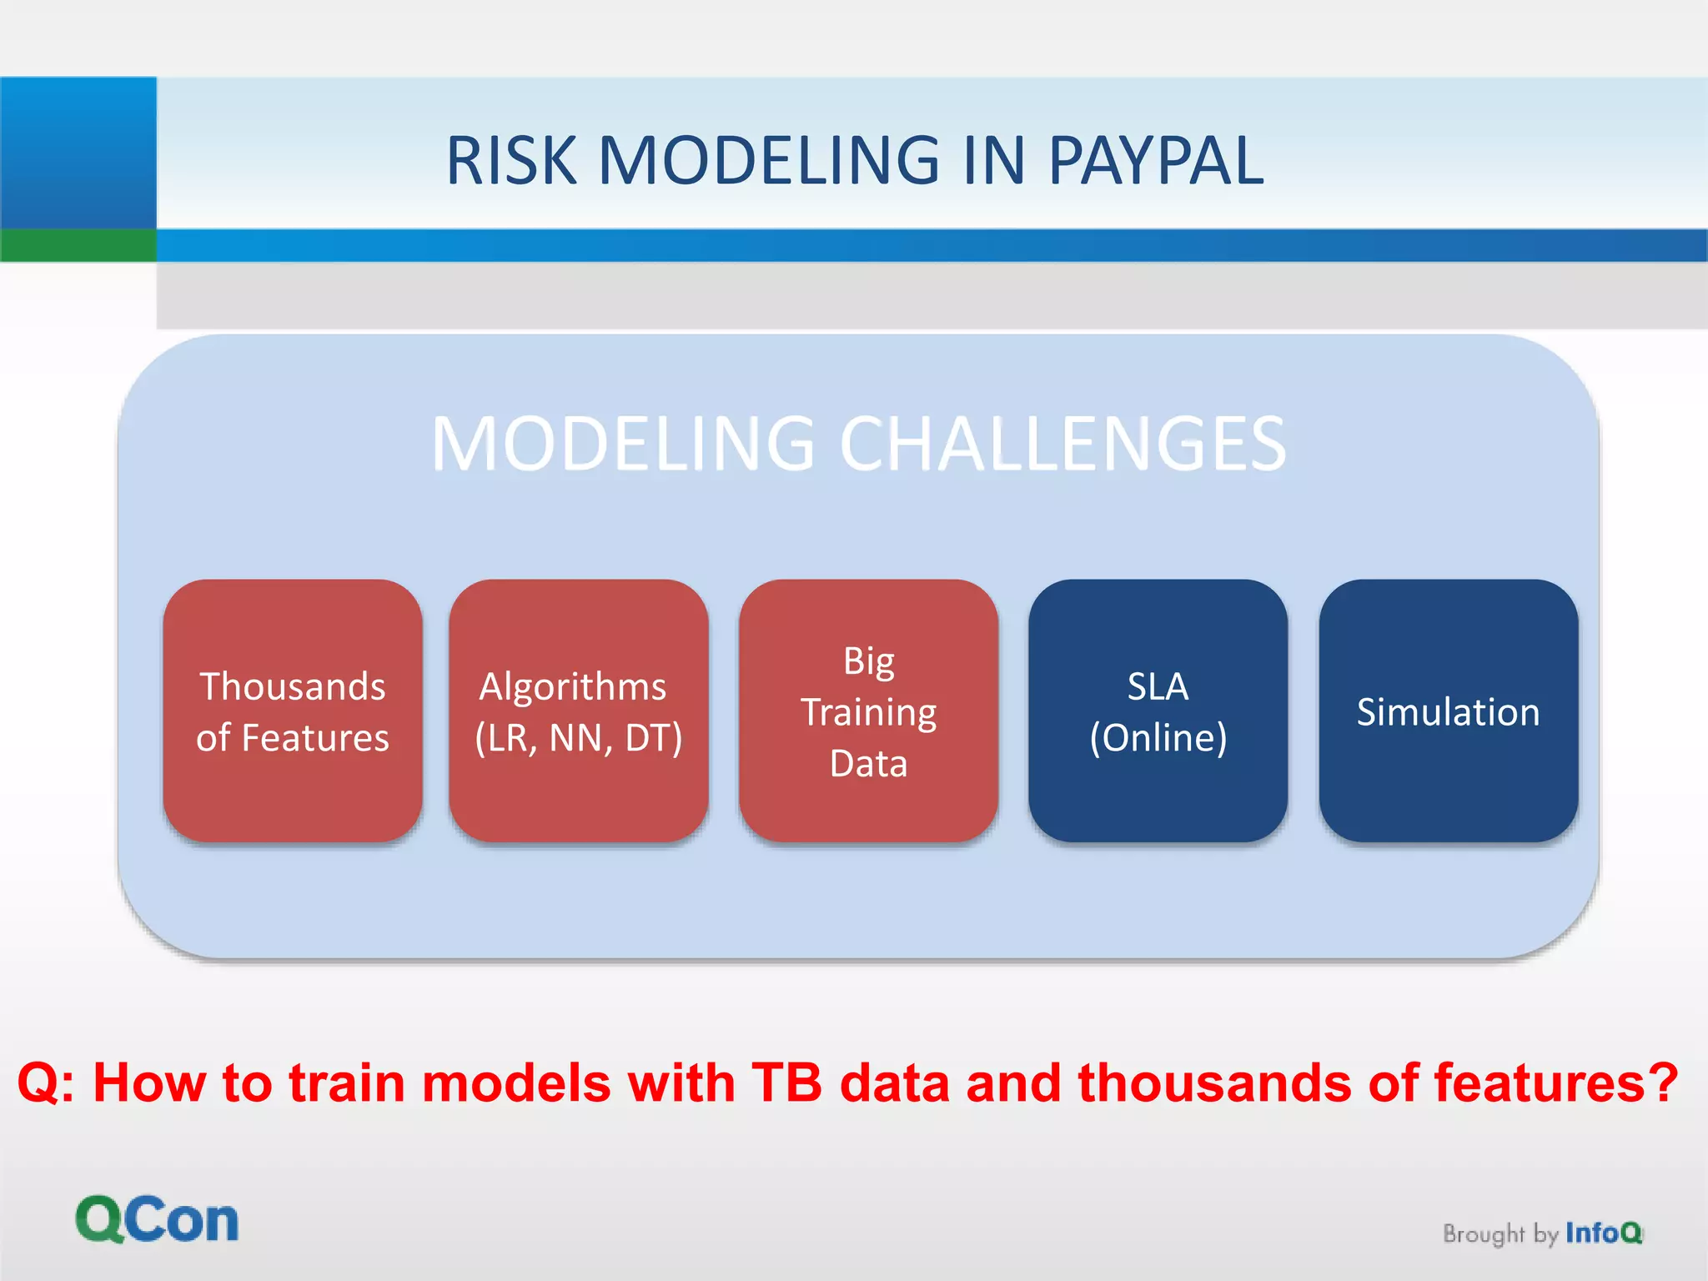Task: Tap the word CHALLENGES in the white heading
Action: (x=1062, y=444)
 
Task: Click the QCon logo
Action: (x=157, y=1219)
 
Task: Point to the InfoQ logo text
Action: (x=1603, y=1233)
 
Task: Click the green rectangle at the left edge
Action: (x=78, y=245)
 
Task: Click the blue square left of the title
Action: (x=78, y=152)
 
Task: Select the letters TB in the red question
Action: (x=786, y=1083)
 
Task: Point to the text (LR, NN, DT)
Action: (x=578, y=738)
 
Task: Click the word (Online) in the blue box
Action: (x=1158, y=738)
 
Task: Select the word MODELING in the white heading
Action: (x=622, y=444)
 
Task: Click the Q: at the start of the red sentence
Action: (x=47, y=1083)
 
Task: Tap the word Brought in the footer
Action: (x=1483, y=1233)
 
